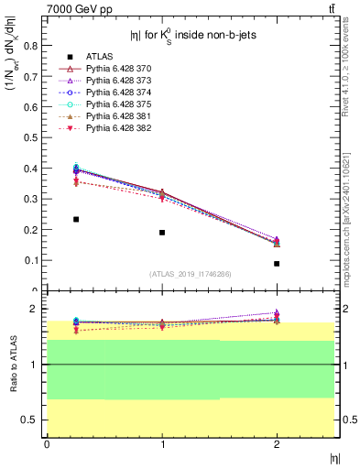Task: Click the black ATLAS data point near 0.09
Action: click(x=277, y=264)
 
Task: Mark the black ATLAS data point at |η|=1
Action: click(x=162, y=233)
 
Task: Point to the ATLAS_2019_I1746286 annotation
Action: click(x=190, y=274)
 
